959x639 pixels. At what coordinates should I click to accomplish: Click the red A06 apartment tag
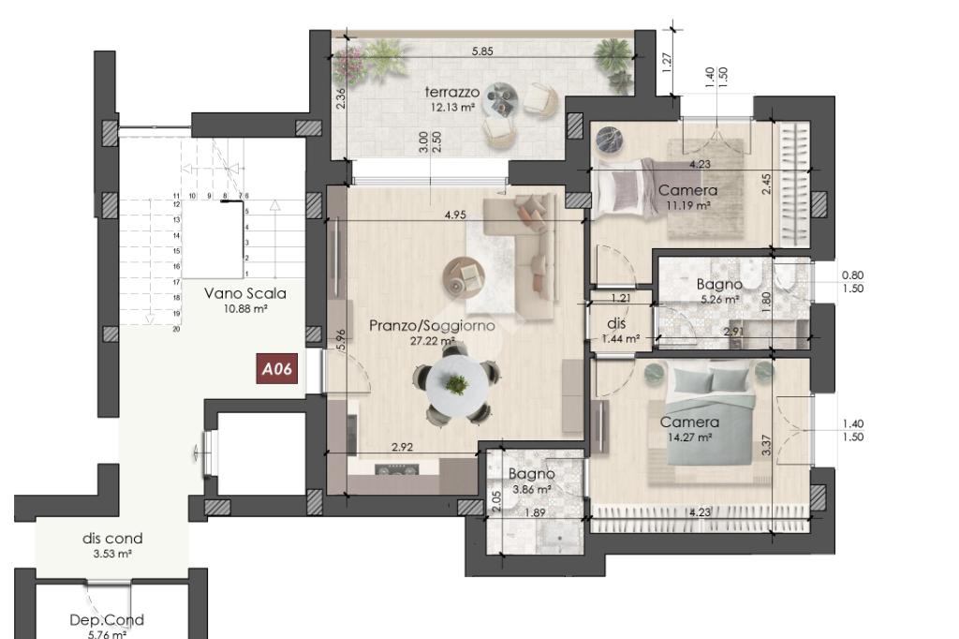tap(277, 368)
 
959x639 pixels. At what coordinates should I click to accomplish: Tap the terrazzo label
tap(452, 93)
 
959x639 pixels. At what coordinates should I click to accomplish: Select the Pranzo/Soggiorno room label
tap(432, 326)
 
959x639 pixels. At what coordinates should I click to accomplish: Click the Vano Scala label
tap(245, 293)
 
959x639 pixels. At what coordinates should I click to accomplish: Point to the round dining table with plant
tap(457, 385)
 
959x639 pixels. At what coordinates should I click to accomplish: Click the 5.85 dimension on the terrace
tap(482, 52)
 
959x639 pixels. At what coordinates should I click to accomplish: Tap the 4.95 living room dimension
tap(456, 215)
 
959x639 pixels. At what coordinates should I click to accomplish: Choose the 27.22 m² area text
tap(432, 341)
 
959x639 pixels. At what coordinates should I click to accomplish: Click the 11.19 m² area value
tap(688, 205)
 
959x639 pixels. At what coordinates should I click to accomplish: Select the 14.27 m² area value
tap(689, 438)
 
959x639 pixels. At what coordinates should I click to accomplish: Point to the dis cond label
tap(112, 539)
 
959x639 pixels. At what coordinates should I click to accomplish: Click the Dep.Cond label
tap(107, 620)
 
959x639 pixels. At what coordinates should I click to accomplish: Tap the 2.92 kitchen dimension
tap(402, 447)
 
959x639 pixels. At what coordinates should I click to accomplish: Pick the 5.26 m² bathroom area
tap(719, 300)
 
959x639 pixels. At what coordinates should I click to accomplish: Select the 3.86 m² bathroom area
tap(532, 490)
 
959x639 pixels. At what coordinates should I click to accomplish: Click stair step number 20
tap(176, 329)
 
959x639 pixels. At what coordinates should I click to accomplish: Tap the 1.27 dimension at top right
tap(667, 61)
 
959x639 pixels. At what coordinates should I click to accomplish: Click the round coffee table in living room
tap(464, 276)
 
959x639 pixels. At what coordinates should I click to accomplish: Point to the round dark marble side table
tap(609, 139)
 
